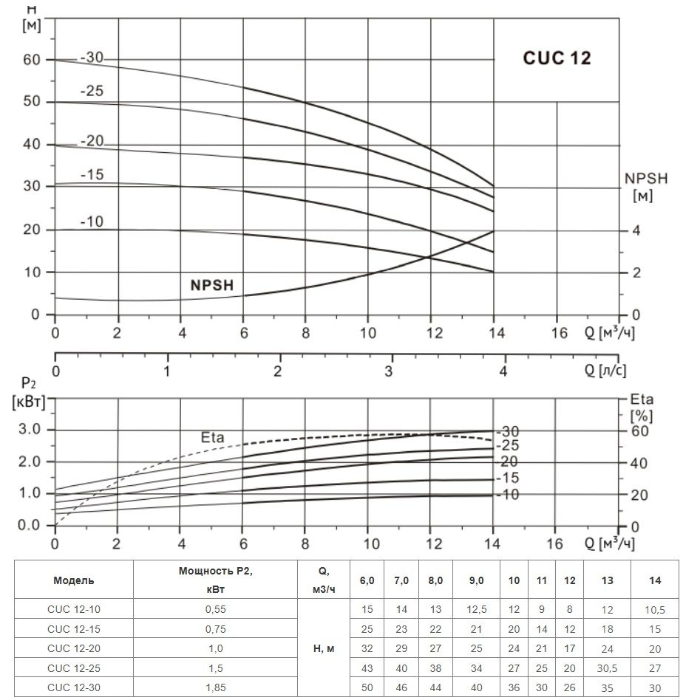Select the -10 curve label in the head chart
(92, 222)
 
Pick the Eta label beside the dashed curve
(212, 437)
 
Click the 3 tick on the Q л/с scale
(389, 371)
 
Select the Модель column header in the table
(74, 580)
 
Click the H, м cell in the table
(324, 648)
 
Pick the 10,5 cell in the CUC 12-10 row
(655, 610)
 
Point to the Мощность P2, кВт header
(214, 580)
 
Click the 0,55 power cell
(214, 610)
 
